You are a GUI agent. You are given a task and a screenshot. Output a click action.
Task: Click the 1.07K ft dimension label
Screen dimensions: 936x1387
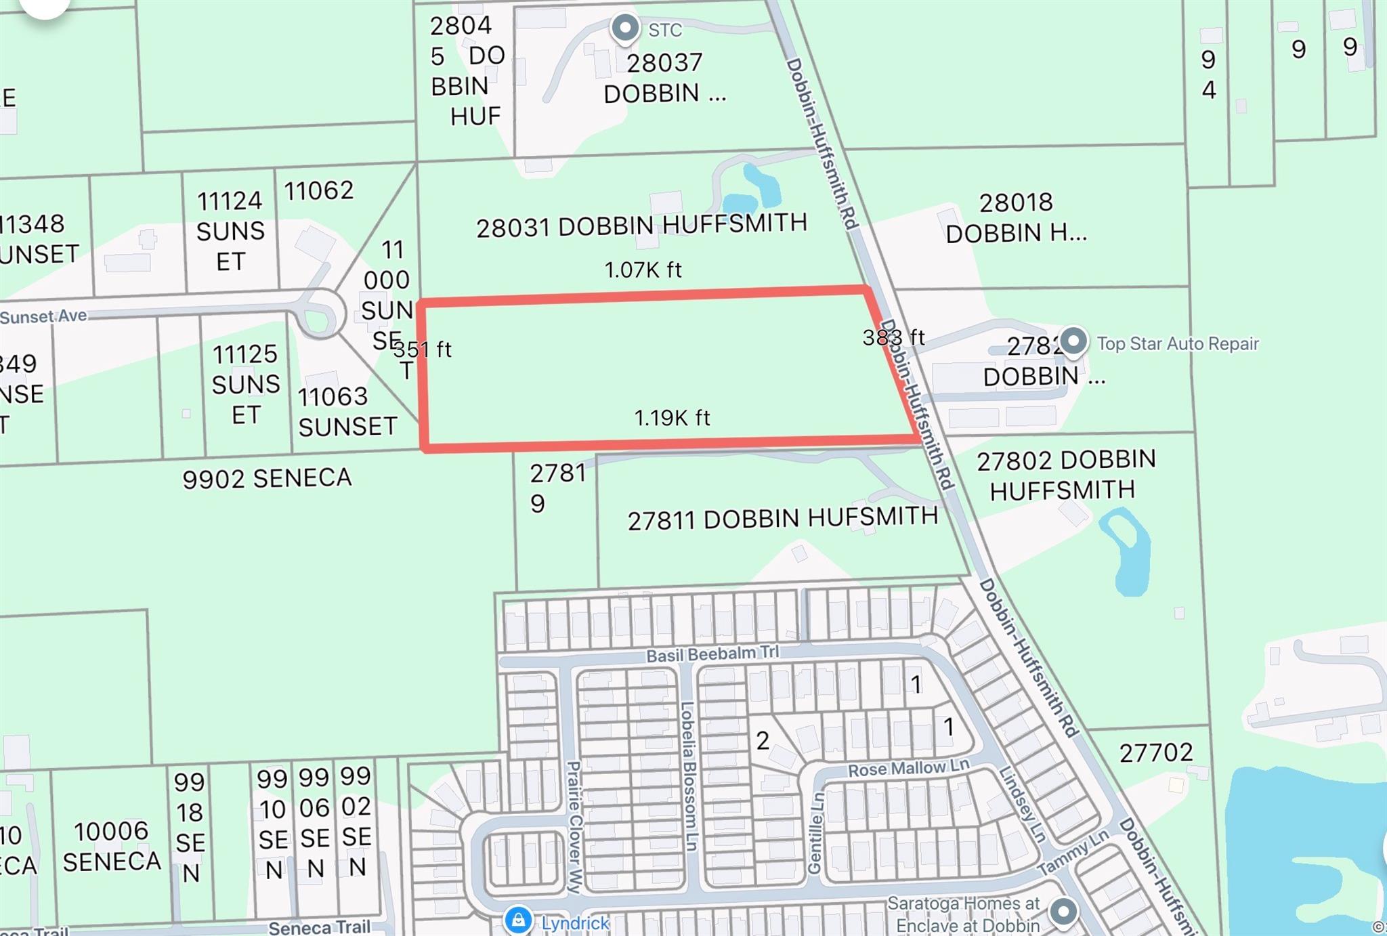(x=643, y=270)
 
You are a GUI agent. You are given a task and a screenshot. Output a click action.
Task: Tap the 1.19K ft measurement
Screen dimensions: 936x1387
(x=672, y=418)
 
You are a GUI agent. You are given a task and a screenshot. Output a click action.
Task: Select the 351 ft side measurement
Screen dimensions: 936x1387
(x=423, y=349)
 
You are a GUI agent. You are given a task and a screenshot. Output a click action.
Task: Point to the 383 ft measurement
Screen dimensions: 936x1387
(x=893, y=337)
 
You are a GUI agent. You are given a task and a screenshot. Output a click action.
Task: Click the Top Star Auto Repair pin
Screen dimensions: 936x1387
(x=1073, y=340)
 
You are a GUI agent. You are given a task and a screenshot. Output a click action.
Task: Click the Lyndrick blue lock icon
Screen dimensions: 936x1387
(x=518, y=920)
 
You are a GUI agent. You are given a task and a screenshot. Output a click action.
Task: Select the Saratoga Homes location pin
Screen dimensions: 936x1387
(x=1063, y=912)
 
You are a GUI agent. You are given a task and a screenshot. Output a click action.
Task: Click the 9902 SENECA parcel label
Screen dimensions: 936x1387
(x=267, y=478)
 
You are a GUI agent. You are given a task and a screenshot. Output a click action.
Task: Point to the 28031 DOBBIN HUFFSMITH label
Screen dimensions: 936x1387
(x=641, y=226)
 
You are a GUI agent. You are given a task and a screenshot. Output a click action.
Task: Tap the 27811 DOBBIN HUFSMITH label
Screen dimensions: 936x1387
(x=782, y=519)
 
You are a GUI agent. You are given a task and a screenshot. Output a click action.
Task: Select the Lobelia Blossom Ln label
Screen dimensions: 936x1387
(x=689, y=775)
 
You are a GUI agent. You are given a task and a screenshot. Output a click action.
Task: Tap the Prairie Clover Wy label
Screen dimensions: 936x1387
(x=574, y=826)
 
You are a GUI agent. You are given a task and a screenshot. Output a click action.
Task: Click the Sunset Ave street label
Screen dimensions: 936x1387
(x=43, y=316)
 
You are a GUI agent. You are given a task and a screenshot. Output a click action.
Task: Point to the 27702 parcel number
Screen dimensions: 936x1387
(x=1155, y=752)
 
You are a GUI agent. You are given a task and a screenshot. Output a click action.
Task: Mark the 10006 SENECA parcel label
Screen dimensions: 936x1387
(x=112, y=846)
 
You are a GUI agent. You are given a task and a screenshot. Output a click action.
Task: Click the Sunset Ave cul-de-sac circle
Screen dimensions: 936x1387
(x=320, y=314)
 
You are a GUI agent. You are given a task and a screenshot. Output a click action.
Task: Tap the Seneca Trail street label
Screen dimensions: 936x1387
(x=319, y=927)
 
